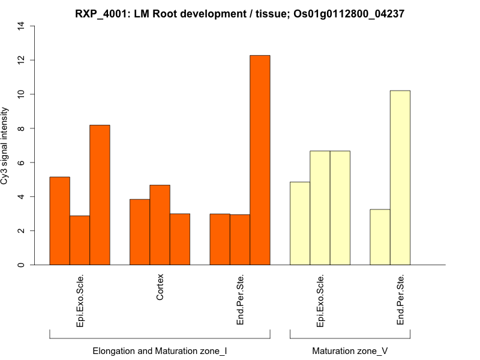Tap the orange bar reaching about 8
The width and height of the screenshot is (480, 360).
[100, 195]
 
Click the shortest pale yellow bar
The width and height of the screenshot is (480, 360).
[380, 237]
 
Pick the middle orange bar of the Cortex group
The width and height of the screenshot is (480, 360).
[160, 225]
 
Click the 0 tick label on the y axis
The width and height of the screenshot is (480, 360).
[22, 265]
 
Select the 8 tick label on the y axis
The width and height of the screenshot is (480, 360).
[22, 128]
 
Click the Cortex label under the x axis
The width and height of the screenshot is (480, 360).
[160, 287]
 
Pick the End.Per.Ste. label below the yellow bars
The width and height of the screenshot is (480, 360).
[401, 300]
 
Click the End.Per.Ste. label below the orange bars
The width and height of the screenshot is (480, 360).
[241, 300]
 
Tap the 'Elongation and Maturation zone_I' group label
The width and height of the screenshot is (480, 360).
[160, 350]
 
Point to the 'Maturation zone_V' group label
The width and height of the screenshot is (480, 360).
[350, 350]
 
